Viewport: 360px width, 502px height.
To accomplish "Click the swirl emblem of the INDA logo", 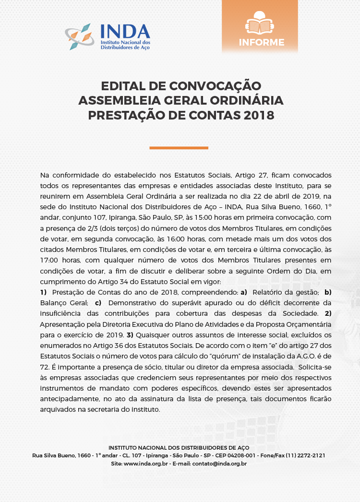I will (x=80, y=36).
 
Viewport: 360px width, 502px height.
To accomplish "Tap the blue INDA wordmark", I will (x=125, y=31).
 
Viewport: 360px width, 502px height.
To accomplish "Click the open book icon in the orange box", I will (x=259, y=22).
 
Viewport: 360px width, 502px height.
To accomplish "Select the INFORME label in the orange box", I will (x=262, y=42).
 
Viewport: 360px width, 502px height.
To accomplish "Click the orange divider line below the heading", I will (x=179, y=148).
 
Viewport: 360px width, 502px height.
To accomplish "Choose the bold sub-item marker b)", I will (x=328, y=292).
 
